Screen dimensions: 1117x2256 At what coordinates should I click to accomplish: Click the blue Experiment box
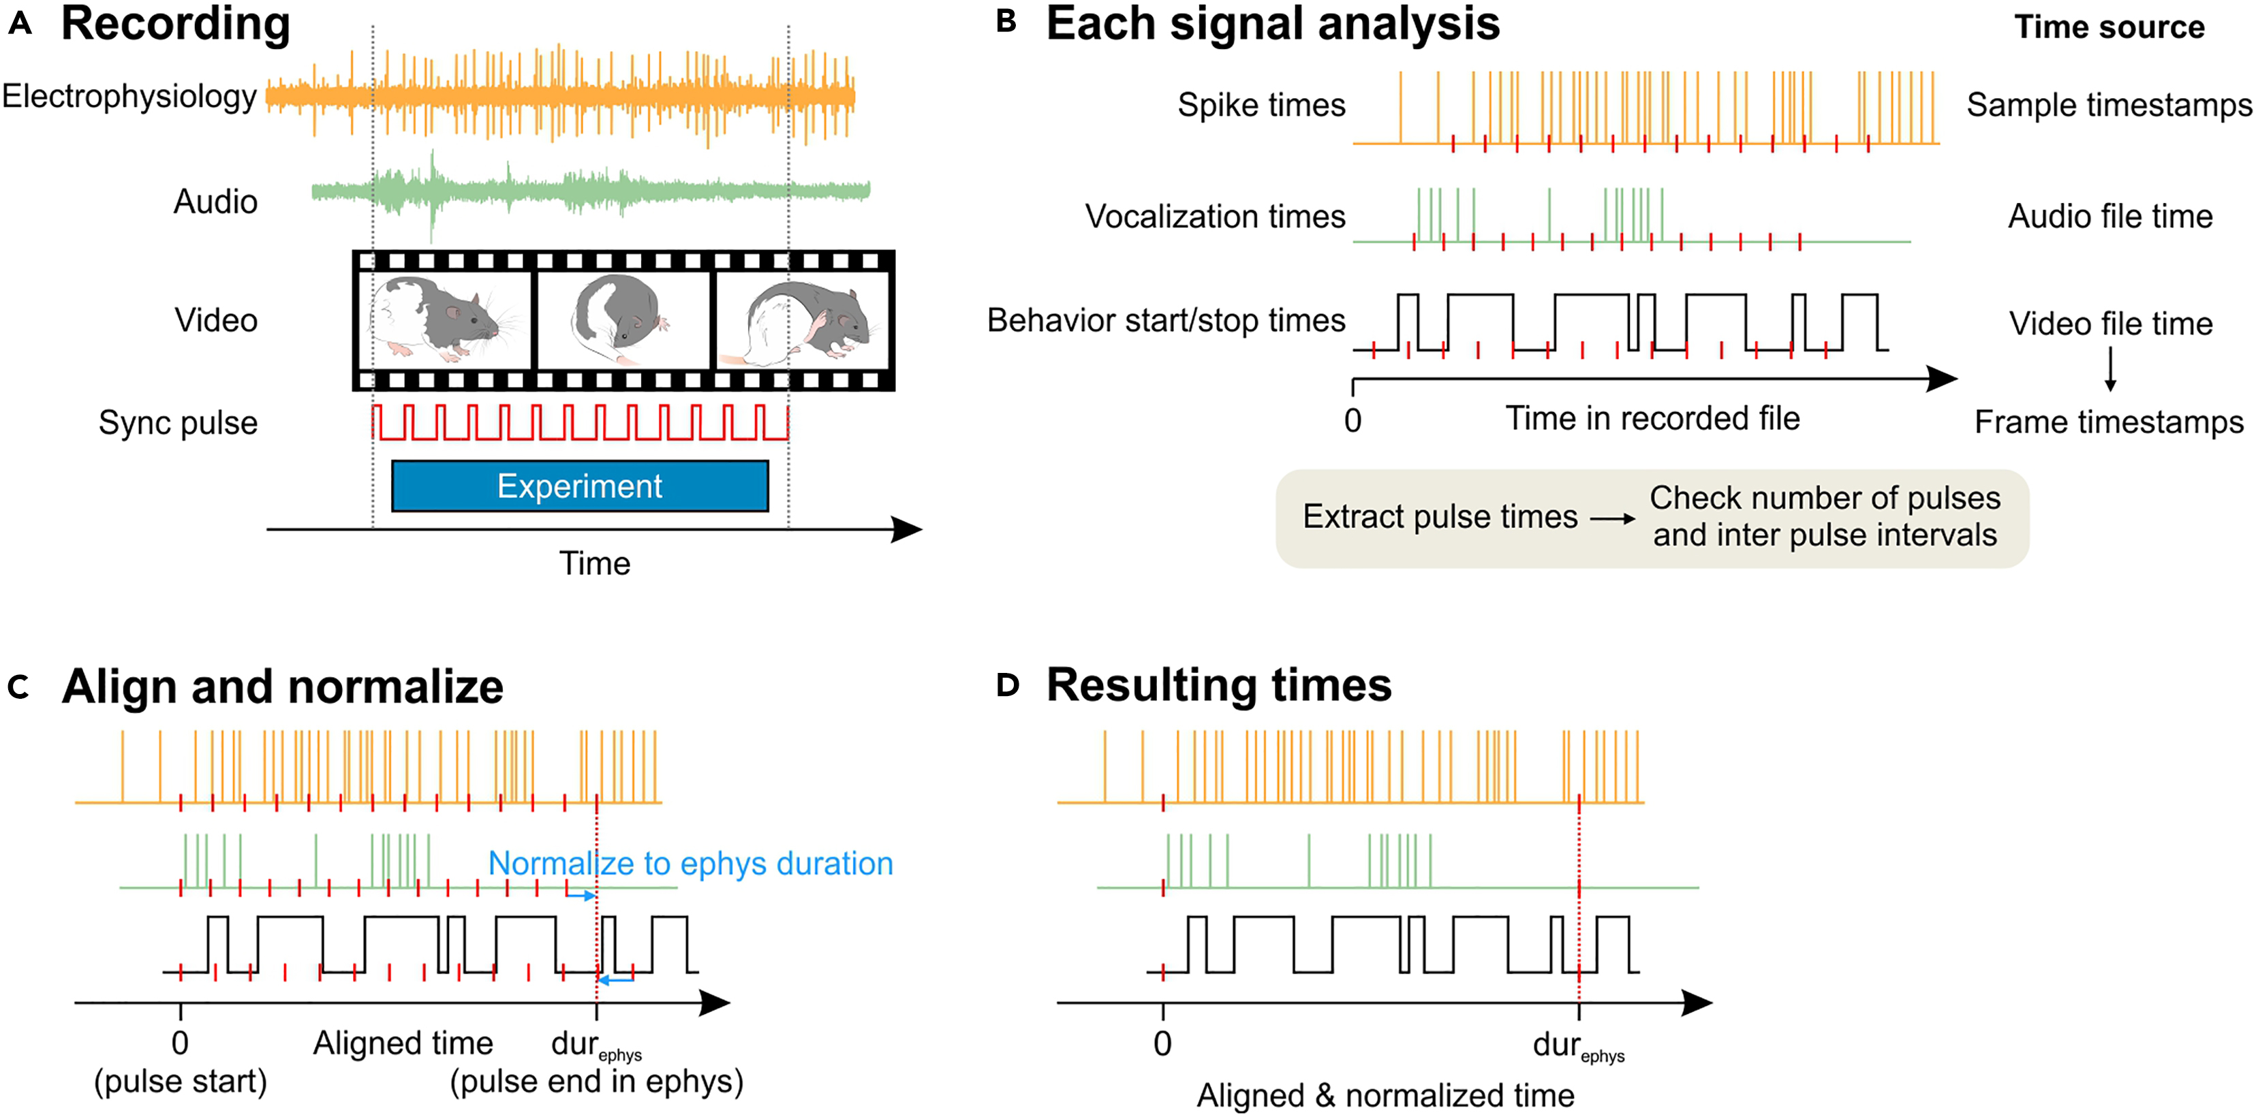point(580,486)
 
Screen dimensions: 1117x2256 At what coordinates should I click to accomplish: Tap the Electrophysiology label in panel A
point(129,96)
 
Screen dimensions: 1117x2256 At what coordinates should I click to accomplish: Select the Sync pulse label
point(178,423)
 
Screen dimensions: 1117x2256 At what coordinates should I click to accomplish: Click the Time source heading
point(2109,27)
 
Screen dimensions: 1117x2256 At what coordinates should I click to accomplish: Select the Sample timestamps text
point(2109,105)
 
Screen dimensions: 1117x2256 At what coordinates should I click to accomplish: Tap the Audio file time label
point(2110,216)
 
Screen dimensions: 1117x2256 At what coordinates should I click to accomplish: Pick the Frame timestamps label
point(2109,422)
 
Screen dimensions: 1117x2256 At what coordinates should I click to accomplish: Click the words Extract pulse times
point(1440,516)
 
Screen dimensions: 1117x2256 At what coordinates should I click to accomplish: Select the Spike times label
point(1261,105)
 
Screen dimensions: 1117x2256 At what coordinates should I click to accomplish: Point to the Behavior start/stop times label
point(1166,320)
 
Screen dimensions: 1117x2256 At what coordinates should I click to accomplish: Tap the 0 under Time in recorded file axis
point(1353,421)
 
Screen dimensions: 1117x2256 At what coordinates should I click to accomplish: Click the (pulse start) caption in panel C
point(181,1082)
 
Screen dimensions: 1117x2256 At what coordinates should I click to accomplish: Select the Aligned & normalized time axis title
point(1385,1095)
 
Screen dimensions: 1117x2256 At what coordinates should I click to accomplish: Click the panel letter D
point(1008,685)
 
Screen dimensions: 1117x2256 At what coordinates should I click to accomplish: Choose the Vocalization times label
point(1215,216)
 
